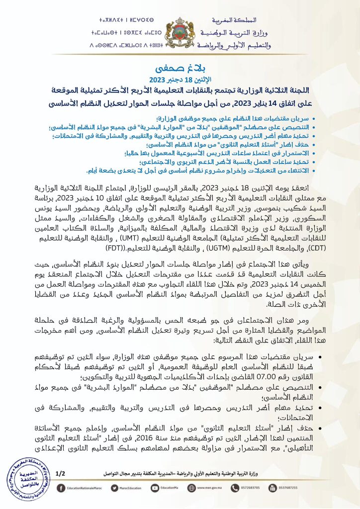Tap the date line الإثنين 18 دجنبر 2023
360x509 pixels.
pos(180,80)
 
